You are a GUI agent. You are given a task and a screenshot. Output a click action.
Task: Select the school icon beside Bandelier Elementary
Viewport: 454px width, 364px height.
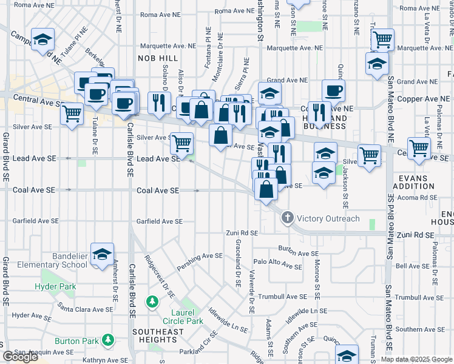(x=102, y=253)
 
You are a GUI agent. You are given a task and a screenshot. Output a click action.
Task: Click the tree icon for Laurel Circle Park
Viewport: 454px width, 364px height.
(x=152, y=302)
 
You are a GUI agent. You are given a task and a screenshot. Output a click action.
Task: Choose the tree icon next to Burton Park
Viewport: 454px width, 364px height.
(x=109, y=340)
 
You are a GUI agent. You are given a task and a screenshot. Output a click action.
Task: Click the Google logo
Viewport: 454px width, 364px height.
(x=21, y=357)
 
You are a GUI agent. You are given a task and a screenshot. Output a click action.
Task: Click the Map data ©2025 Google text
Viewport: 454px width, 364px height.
(x=416, y=359)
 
